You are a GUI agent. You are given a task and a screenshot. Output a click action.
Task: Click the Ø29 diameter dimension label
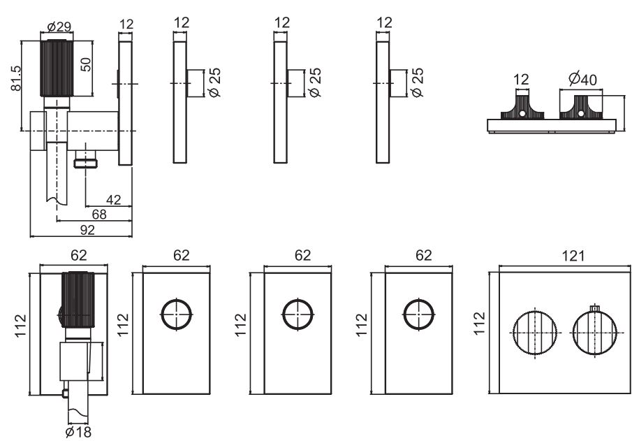(59, 27)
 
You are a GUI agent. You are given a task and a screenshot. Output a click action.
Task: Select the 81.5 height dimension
(16, 78)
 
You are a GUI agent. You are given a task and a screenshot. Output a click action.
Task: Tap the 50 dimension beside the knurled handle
(86, 64)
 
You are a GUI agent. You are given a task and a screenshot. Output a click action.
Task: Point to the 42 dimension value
(113, 199)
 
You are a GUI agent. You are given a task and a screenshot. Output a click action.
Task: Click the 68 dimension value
(99, 214)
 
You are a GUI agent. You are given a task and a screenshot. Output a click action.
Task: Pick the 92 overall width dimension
(87, 230)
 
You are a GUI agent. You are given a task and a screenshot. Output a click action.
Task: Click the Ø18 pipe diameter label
(78, 432)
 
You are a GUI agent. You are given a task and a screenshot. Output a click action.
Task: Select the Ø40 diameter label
(583, 78)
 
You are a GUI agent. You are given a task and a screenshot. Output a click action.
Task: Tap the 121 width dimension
(573, 256)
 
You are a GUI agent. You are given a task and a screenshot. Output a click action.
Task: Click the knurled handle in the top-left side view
(57, 68)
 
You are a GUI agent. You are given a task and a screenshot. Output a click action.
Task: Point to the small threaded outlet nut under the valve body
(86, 164)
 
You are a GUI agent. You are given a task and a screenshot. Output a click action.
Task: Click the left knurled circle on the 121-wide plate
(535, 333)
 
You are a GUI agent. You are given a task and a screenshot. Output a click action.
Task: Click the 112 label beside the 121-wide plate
(479, 324)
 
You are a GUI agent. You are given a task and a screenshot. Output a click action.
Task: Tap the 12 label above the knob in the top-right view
(521, 79)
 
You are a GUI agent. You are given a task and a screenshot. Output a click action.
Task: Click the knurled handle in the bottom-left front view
(78, 299)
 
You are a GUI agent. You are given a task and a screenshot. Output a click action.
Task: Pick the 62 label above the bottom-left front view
(79, 255)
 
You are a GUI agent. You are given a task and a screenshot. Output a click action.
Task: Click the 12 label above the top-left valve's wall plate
(126, 24)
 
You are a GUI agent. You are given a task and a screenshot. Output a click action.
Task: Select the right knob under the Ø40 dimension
(581, 108)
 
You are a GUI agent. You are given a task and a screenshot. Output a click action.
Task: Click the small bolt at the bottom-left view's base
(64, 393)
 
